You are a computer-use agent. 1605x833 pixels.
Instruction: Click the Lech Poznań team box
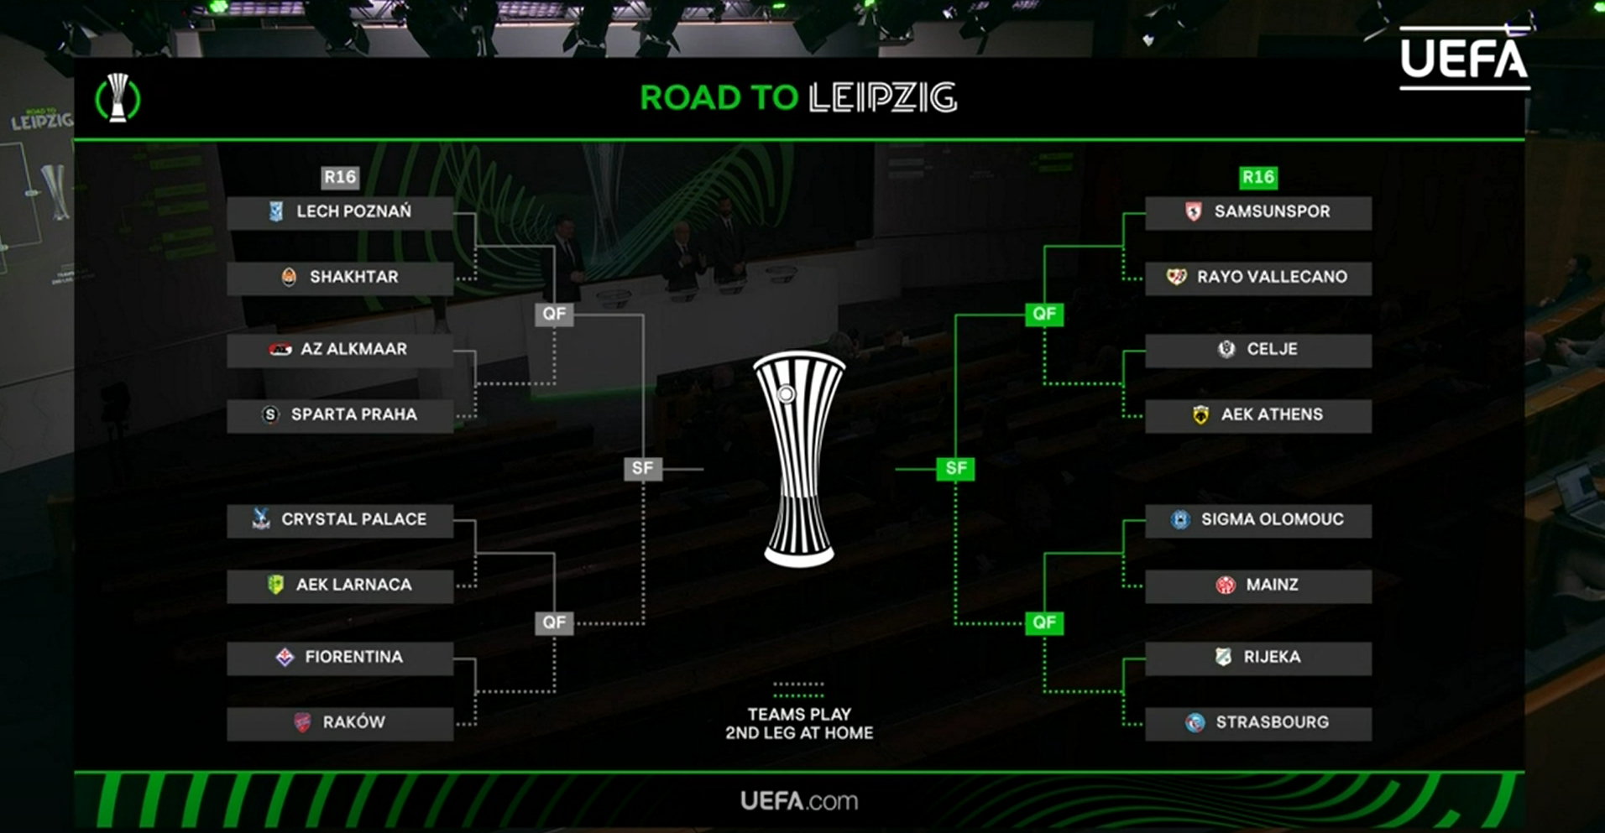(x=340, y=212)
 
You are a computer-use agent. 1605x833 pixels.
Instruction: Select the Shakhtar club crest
(x=289, y=277)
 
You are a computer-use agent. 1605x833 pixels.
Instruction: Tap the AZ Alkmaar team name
(x=353, y=349)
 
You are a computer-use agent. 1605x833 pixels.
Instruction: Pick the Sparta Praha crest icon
(x=270, y=414)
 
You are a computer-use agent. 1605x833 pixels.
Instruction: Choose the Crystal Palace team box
(x=340, y=520)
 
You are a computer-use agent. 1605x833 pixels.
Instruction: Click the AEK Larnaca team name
(x=353, y=585)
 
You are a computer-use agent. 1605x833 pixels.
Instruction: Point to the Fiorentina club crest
(x=285, y=657)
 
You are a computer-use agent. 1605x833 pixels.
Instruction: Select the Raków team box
(x=340, y=722)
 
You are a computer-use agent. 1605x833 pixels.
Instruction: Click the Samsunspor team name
(x=1272, y=211)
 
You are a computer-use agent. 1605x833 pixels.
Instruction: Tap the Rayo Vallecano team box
(x=1257, y=278)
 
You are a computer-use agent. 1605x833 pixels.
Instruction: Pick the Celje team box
(x=1257, y=350)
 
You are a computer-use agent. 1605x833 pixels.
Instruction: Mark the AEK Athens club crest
(x=1200, y=414)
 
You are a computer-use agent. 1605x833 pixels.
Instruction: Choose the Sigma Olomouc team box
(x=1257, y=520)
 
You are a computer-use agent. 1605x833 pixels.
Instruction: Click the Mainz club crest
(x=1225, y=585)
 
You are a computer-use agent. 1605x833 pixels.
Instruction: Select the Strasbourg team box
(x=1257, y=722)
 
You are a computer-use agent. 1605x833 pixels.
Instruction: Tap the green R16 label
(x=1257, y=177)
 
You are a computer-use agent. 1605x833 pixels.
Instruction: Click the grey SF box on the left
(x=642, y=468)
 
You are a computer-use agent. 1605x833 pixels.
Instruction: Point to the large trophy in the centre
(x=798, y=457)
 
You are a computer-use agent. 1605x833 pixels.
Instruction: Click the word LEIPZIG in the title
(x=882, y=98)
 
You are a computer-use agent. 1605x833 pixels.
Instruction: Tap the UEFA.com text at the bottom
(x=798, y=801)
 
